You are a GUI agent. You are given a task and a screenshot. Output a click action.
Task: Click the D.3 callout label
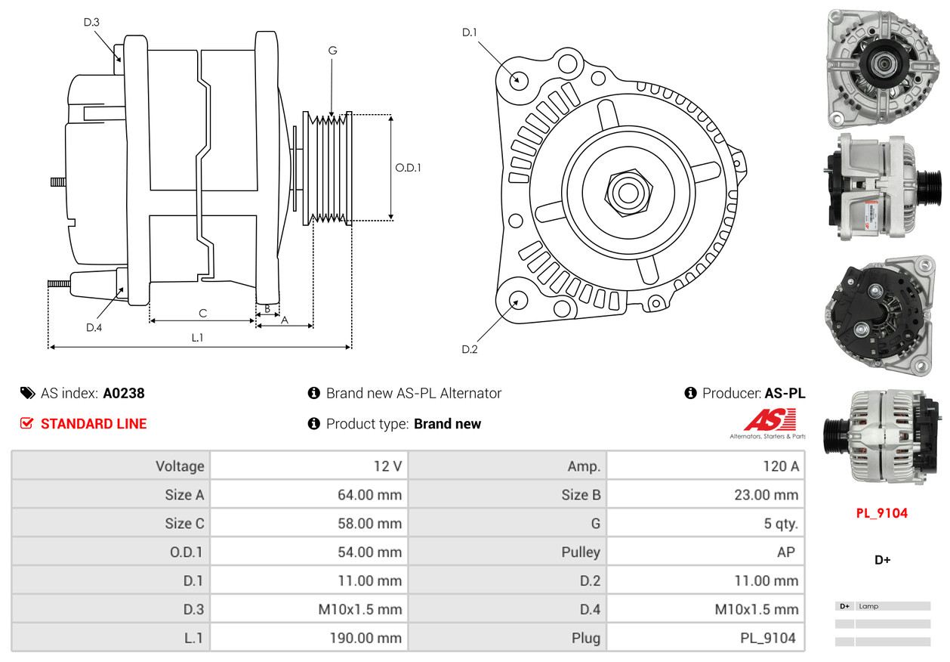(91, 22)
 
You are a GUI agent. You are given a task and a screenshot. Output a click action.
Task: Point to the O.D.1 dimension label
(408, 168)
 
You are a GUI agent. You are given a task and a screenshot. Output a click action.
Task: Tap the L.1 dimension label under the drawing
(197, 338)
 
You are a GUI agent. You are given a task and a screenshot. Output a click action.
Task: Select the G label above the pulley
(332, 51)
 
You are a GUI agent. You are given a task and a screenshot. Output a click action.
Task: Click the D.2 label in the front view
(470, 348)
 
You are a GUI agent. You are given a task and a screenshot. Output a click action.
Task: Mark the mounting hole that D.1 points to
(518, 79)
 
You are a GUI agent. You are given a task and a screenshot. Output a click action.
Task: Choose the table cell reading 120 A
(780, 466)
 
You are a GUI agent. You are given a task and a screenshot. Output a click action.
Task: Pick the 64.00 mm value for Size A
(369, 495)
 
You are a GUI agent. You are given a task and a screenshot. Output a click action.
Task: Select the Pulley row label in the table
(581, 552)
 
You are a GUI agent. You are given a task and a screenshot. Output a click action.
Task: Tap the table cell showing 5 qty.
(780, 523)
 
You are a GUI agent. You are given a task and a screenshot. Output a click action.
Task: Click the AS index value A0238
(124, 393)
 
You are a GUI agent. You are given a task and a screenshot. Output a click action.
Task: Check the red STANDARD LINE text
(94, 424)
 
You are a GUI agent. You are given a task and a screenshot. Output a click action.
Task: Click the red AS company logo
(770, 420)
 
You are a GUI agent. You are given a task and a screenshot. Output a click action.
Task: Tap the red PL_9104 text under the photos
(881, 513)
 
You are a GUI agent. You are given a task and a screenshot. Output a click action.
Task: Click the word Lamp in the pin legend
(868, 606)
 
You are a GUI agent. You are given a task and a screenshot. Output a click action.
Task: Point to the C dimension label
(202, 313)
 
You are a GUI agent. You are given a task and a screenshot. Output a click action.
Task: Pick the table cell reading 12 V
(387, 466)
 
